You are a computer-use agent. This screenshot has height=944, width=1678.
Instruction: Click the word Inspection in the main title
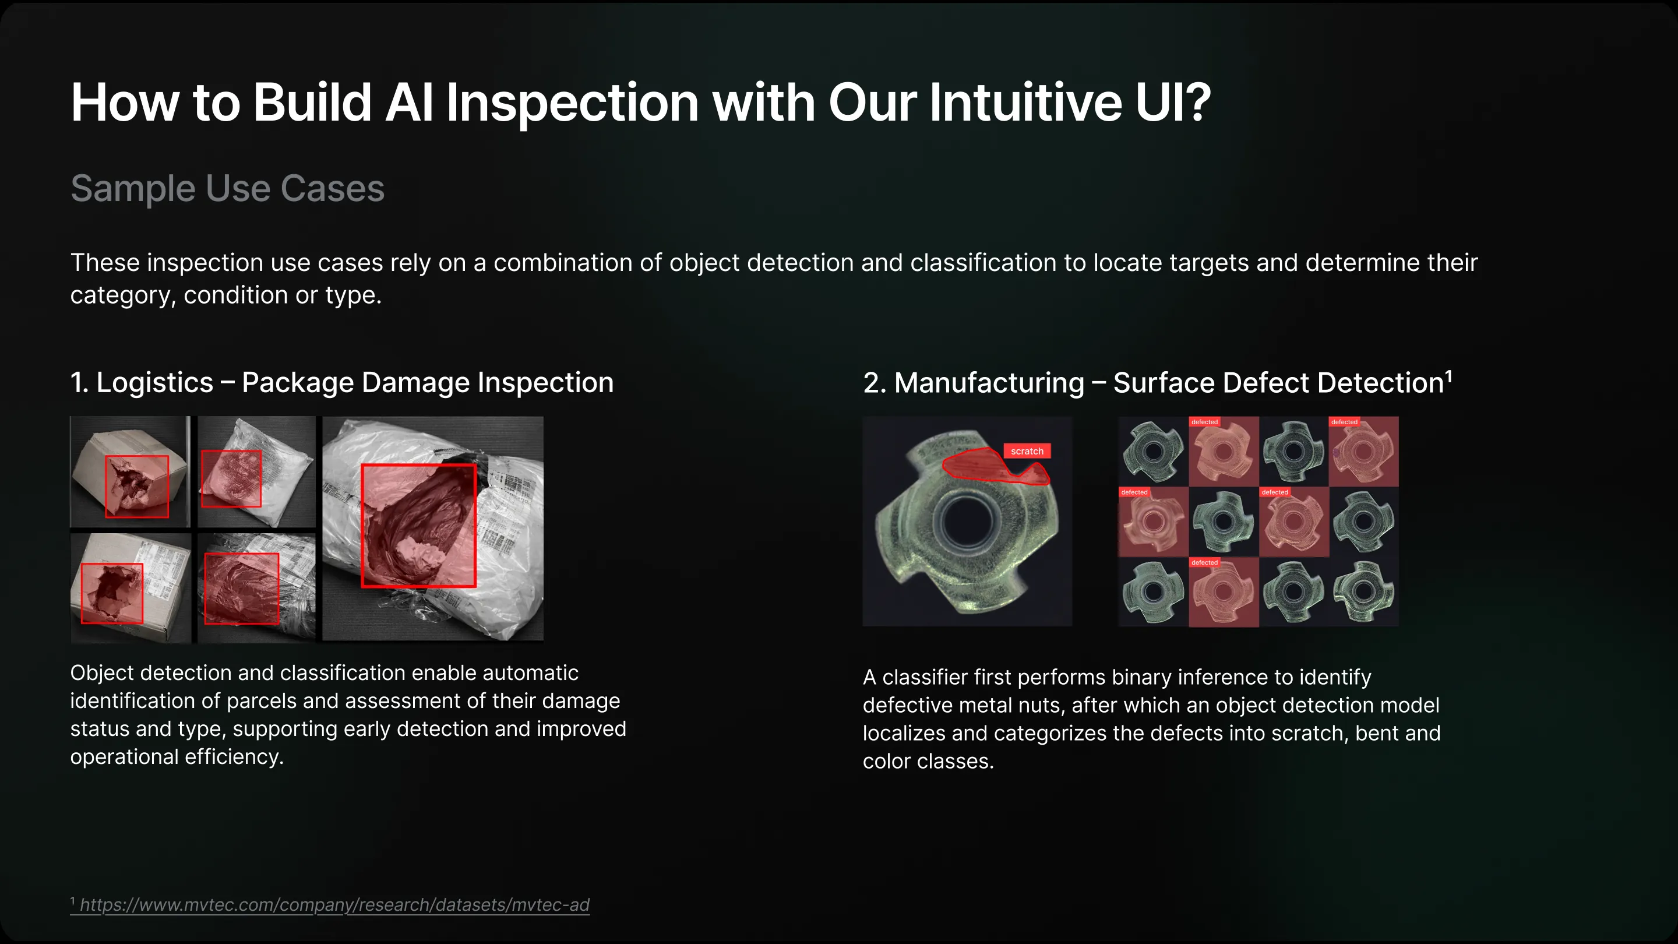(572, 103)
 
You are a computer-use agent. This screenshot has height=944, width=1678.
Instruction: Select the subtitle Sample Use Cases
(227, 188)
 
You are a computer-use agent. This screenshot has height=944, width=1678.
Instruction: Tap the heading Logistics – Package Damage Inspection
(342, 382)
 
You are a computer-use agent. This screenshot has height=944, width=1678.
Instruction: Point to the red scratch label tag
(1027, 451)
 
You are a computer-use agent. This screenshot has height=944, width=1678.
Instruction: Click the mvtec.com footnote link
(334, 905)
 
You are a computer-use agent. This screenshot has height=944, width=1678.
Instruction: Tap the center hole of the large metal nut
(967, 521)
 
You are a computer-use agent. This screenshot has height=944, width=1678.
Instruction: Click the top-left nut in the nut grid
(1153, 452)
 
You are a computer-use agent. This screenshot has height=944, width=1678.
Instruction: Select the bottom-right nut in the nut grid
(1363, 591)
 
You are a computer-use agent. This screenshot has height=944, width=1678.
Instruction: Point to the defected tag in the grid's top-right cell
(1344, 422)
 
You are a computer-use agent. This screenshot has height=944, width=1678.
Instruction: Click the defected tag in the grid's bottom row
(1204, 562)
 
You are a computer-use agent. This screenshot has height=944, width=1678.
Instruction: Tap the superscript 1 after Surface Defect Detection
(1448, 376)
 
